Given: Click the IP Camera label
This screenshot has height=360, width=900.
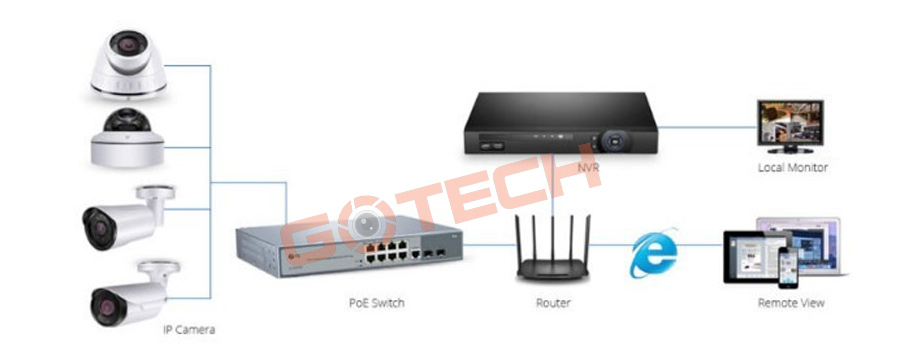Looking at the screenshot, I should coord(189,329).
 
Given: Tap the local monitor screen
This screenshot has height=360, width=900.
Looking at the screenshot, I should coord(790,124).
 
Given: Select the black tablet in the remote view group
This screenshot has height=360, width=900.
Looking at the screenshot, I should coord(751,258).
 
